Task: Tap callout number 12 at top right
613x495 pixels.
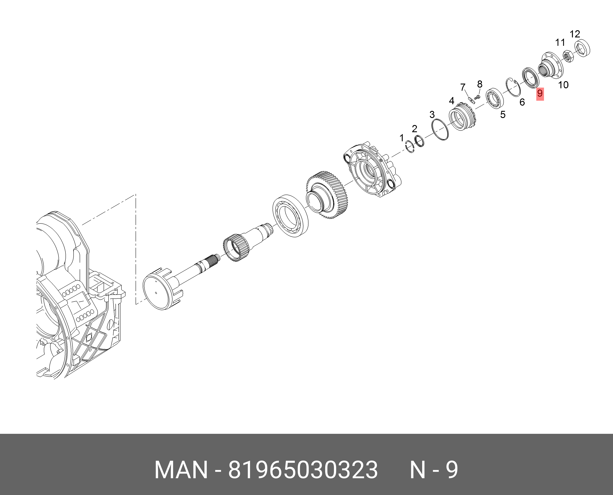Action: click(575, 34)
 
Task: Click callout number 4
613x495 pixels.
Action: click(452, 101)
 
